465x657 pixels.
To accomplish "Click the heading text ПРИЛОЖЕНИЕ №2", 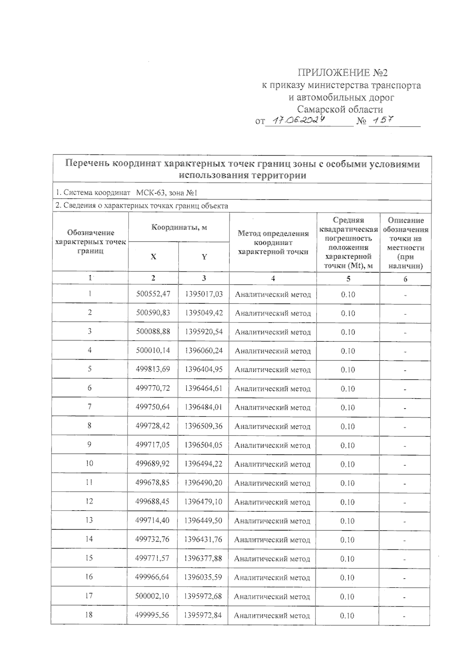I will point(342,73).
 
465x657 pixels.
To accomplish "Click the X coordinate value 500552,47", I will point(153,294).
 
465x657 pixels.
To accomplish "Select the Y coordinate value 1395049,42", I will point(204,313).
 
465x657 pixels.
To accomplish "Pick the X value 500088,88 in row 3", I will point(153,331).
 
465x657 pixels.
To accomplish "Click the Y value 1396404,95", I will point(204,369).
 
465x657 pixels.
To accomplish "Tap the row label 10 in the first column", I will point(90,463).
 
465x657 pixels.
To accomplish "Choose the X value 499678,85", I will point(153,482).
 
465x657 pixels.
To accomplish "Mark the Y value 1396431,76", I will point(203,539).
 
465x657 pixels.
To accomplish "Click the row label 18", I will point(89,615).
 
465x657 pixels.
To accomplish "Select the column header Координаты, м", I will point(179,227).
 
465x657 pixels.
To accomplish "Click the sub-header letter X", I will point(153,257).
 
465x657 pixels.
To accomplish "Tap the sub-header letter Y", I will point(204,257).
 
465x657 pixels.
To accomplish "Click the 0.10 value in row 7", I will point(348,407).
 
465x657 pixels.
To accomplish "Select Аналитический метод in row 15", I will point(272,559).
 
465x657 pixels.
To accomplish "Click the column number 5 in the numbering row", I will point(348,278).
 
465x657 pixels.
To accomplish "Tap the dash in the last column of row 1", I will point(405,295).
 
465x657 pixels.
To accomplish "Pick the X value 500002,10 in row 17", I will point(152,596).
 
